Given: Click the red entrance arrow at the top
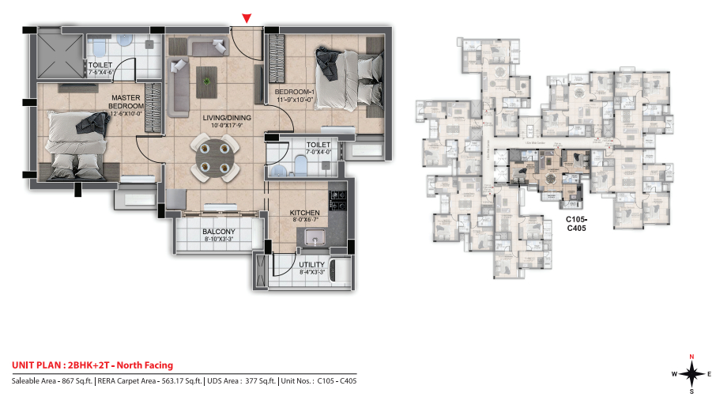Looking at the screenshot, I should pos(247,17).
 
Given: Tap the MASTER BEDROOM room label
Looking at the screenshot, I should pos(126,102).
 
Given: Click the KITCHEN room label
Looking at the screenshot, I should pos(304,213).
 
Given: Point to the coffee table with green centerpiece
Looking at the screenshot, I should pos(208,78).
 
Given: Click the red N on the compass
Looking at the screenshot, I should pos(692,356).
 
